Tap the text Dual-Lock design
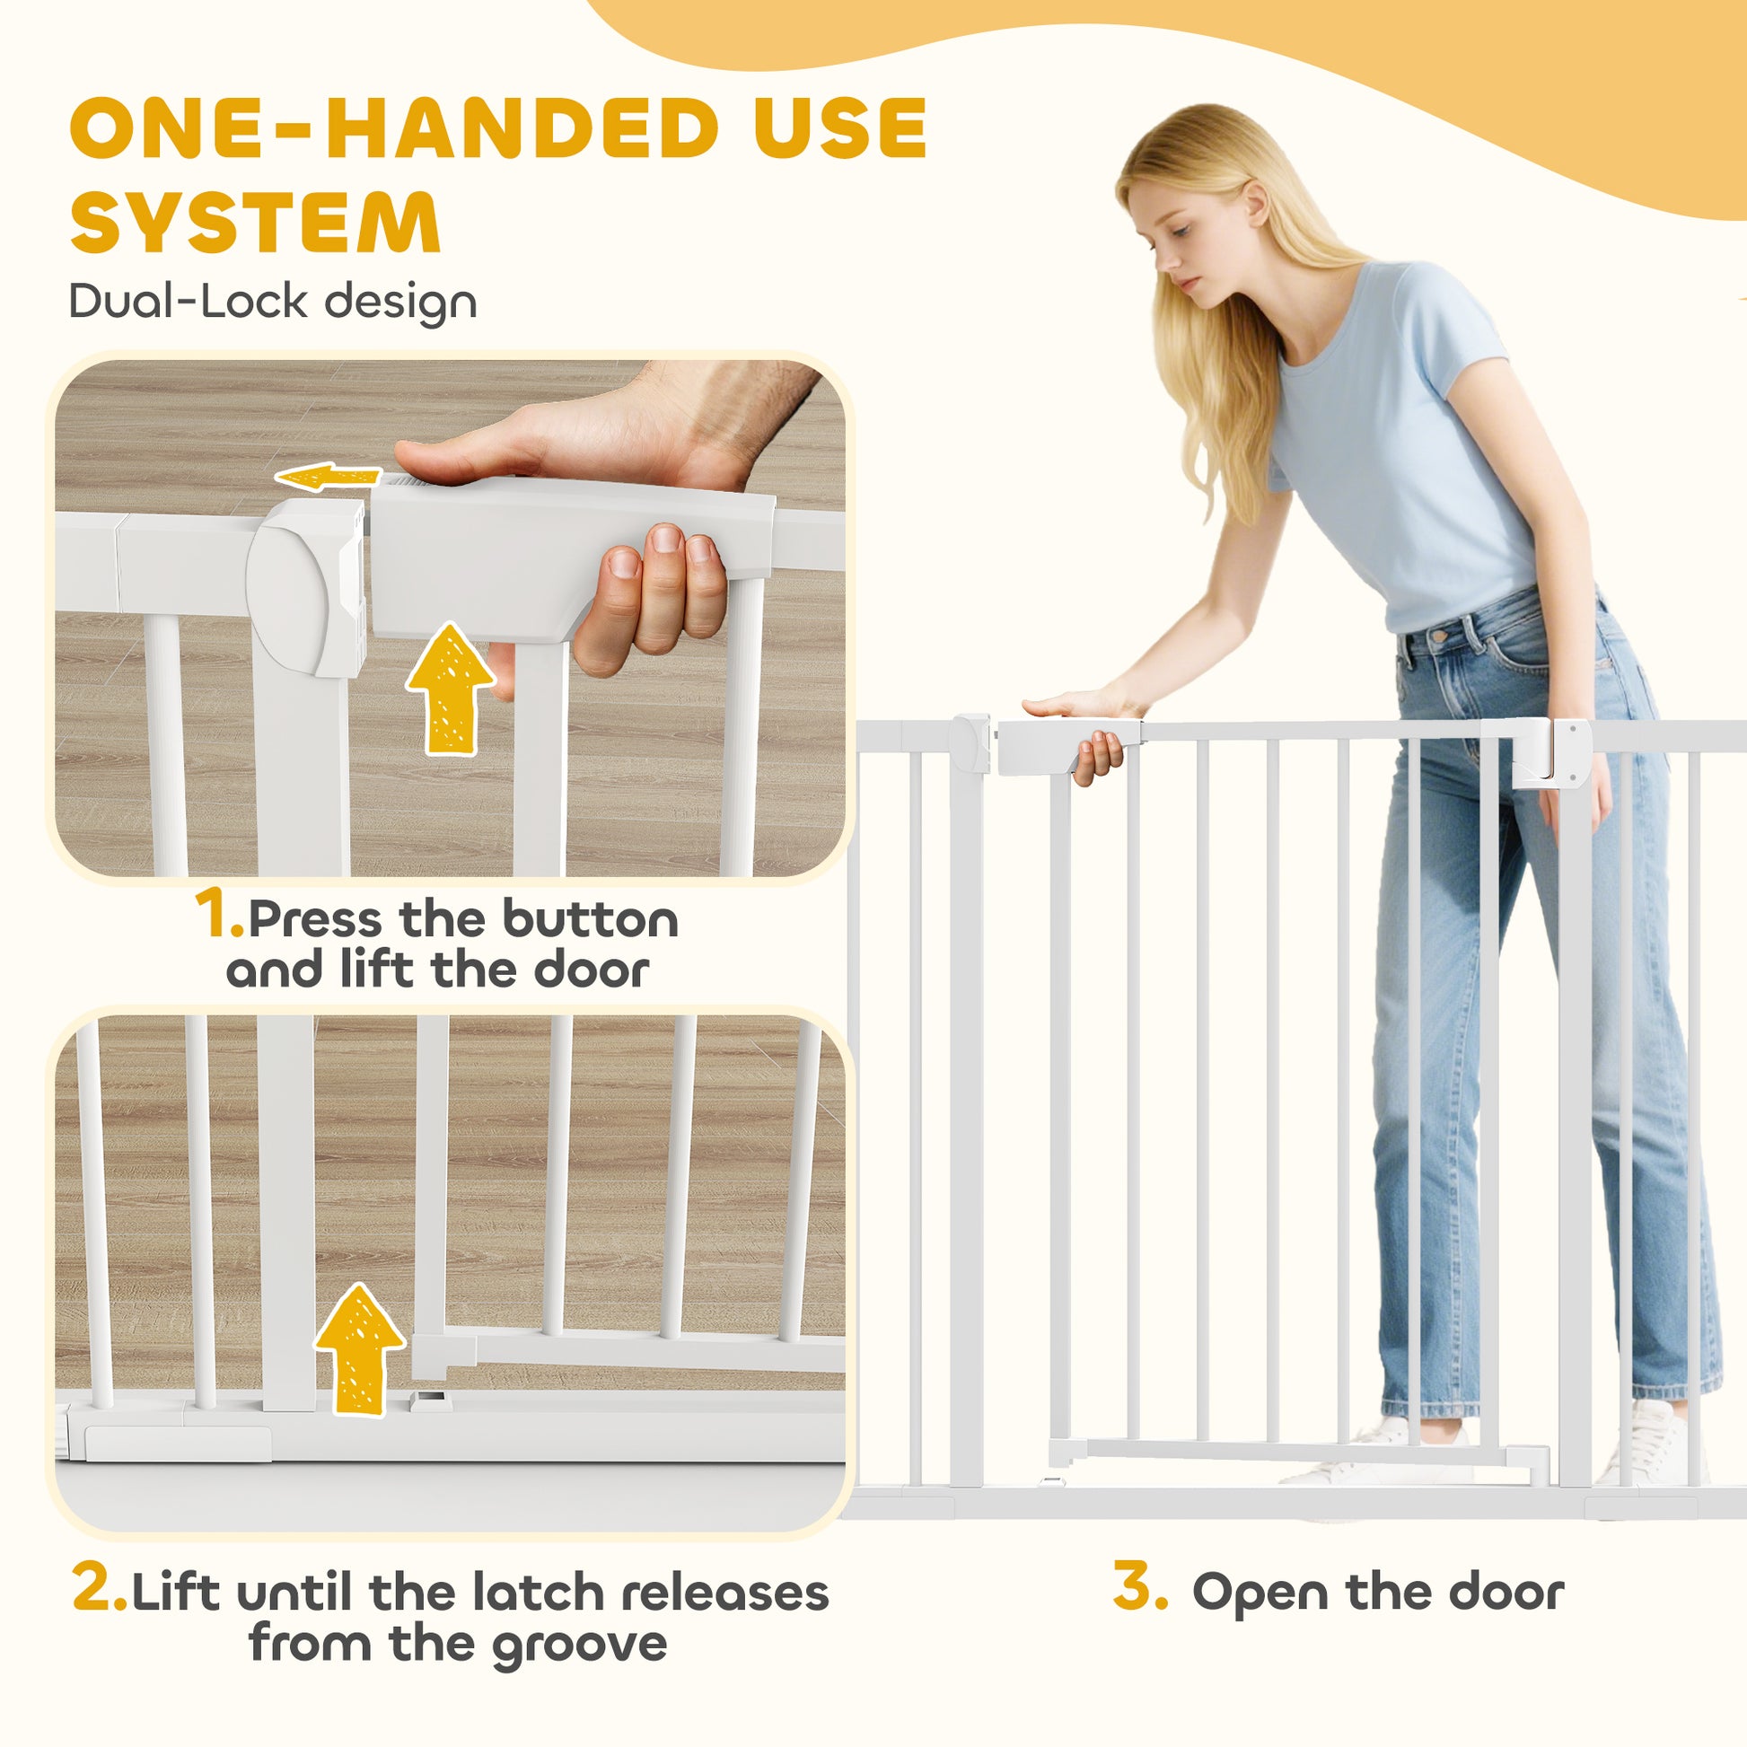273,301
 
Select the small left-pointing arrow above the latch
329,477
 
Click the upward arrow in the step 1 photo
451,689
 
